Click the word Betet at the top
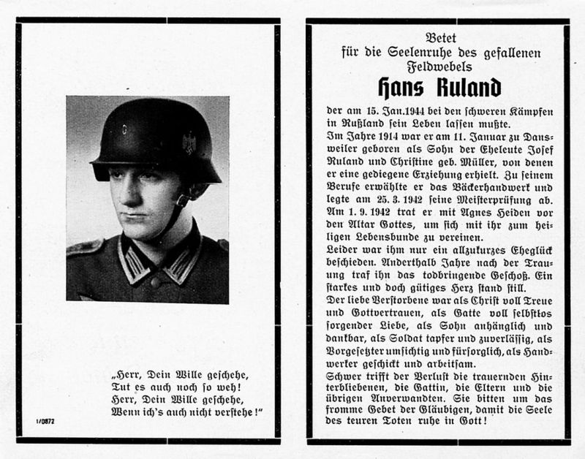(x=438, y=36)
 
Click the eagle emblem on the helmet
(x=190, y=142)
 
